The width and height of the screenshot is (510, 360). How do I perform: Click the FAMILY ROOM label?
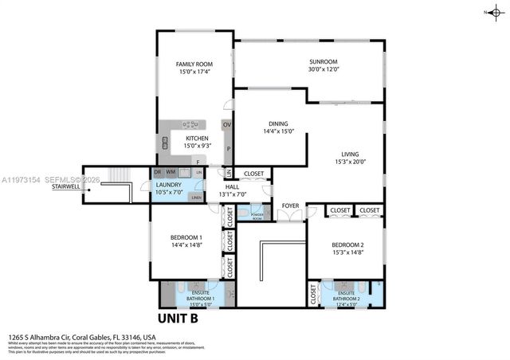(194, 64)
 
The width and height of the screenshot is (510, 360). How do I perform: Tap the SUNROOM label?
(324, 61)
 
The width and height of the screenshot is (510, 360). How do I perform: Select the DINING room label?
(278, 124)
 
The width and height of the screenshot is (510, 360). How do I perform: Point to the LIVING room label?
(351, 155)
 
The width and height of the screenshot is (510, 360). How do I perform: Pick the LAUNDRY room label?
(169, 184)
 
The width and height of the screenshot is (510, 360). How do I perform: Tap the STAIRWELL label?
(66, 186)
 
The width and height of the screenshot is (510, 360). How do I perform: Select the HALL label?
(233, 186)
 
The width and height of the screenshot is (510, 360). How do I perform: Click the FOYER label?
(290, 205)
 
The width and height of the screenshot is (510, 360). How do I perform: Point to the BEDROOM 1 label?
(186, 238)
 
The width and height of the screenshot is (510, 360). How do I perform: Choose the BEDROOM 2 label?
(347, 245)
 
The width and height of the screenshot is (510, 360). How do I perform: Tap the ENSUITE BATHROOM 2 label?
(346, 295)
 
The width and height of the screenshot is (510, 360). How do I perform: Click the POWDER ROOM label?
(257, 216)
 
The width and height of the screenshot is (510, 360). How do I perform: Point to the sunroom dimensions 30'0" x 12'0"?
(324, 69)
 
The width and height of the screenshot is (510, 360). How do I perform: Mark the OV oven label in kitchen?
(227, 125)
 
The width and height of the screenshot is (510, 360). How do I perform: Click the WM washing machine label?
(171, 172)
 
